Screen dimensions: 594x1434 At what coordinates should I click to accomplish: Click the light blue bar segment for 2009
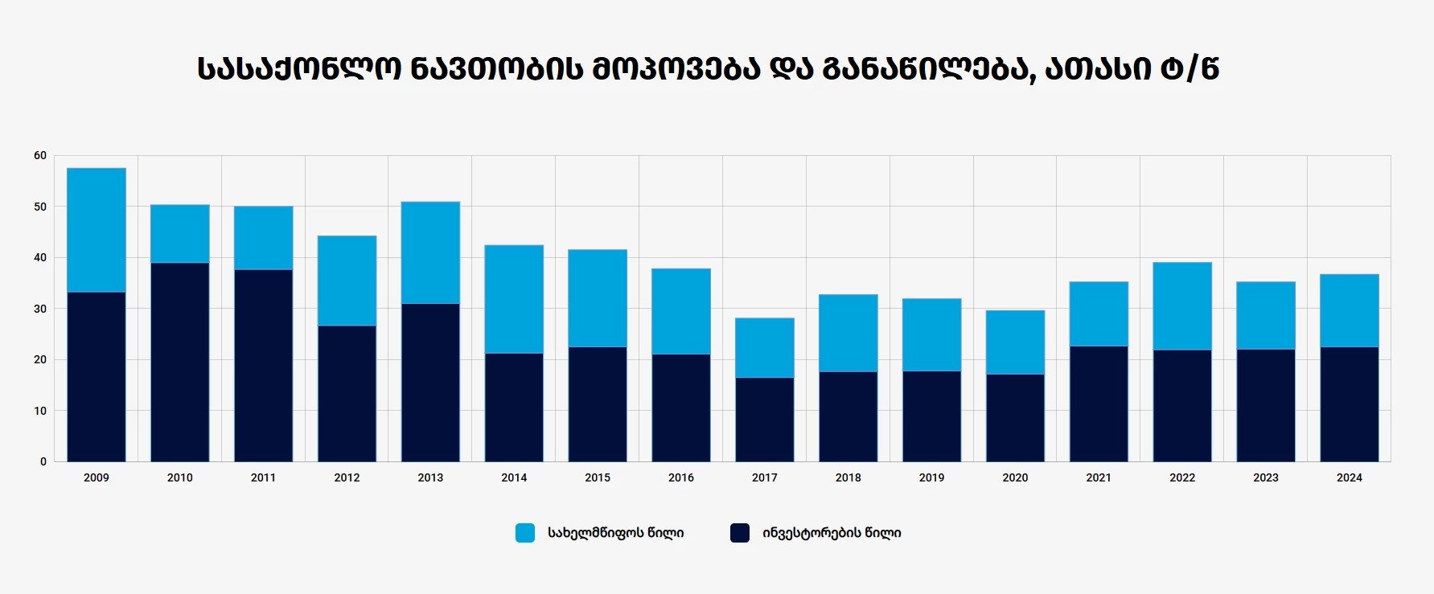coord(97,230)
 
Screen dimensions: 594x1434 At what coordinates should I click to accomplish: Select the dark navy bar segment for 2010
coord(180,362)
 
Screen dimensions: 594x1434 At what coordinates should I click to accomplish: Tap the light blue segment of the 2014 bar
coord(514,299)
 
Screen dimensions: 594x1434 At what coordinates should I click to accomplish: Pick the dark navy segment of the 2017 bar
coord(765,420)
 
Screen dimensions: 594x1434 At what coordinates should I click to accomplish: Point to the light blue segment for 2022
coord(1182,306)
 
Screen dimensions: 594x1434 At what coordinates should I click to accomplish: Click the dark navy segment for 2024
coord(1350,404)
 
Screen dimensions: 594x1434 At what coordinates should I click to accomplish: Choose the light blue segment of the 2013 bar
coord(430,252)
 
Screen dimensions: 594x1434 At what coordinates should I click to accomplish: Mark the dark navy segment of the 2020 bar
coord(1015,418)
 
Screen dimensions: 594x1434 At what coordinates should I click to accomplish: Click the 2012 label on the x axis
coord(347,477)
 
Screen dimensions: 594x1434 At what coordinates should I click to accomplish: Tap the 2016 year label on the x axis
coord(681,477)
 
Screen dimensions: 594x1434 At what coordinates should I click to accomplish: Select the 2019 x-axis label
coord(931,477)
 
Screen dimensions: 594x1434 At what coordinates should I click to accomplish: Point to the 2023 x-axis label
coord(1266,477)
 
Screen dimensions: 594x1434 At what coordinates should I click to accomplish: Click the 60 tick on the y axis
coord(40,155)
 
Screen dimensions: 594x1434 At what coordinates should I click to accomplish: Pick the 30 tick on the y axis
coord(40,309)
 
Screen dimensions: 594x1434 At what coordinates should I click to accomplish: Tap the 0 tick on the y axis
coord(43,461)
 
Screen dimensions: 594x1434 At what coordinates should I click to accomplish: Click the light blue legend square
coord(525,533)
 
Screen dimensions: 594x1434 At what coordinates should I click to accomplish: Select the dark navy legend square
coord(740,533)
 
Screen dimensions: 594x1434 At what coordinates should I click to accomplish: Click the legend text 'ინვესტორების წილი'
coord(832,533)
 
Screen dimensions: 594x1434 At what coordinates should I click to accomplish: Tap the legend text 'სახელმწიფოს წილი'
coord(616,533)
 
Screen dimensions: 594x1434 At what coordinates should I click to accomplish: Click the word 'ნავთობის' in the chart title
coord(497,69)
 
